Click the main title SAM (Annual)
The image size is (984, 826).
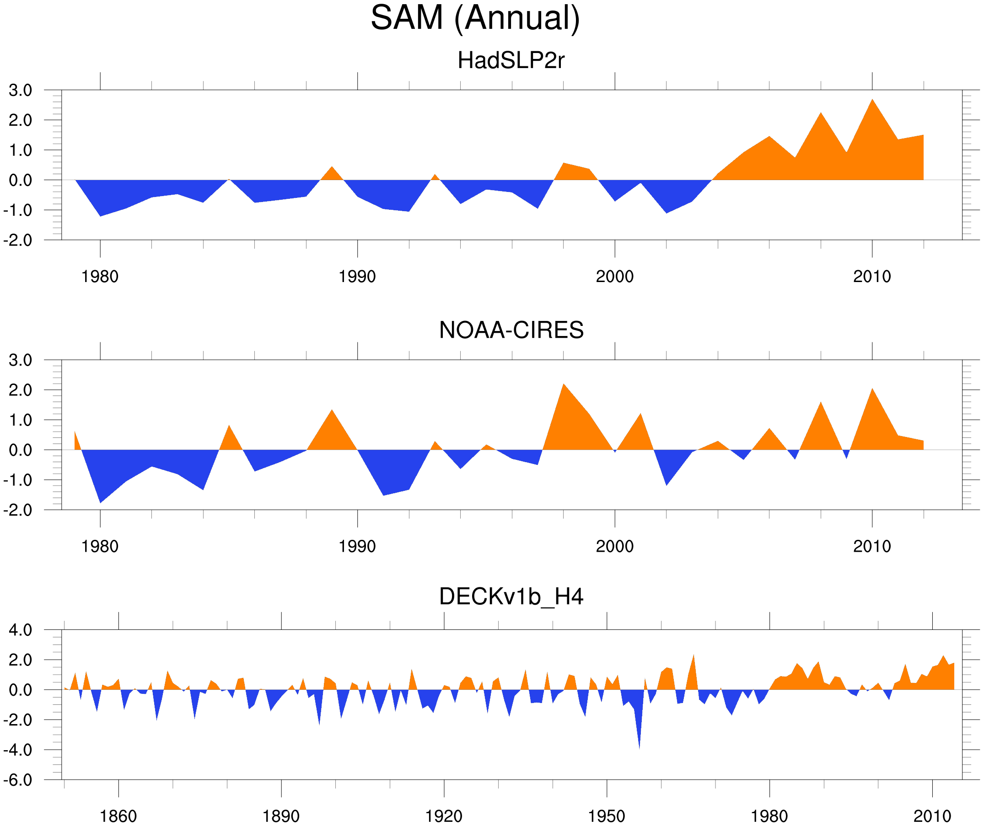[x=475, y=18]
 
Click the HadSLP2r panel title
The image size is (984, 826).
[x=511, y=60]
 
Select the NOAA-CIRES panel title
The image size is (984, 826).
[x=511, y=330]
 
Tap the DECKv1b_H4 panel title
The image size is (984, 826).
[x=511, y=597]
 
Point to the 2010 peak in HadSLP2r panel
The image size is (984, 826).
[x=872, y=101]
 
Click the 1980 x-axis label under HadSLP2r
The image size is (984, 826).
[x=100, y=277]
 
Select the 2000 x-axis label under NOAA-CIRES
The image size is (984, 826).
[x=614, y=546]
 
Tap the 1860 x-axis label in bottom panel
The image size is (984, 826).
[x=118, y=816]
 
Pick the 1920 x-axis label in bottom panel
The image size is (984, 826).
[x=443, y=816]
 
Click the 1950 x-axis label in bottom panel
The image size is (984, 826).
[x=606, y=816]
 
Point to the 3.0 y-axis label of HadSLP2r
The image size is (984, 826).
[x=20, y=91]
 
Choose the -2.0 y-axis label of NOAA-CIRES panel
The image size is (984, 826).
[x=18, y=510]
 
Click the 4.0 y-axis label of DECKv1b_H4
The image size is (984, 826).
[x=20, y=630]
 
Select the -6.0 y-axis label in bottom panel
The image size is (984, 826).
[x=18, y=780]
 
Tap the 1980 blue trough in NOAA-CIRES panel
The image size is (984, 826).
[x=100, y=501]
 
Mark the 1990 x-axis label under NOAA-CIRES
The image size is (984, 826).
[x=357, y=546]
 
